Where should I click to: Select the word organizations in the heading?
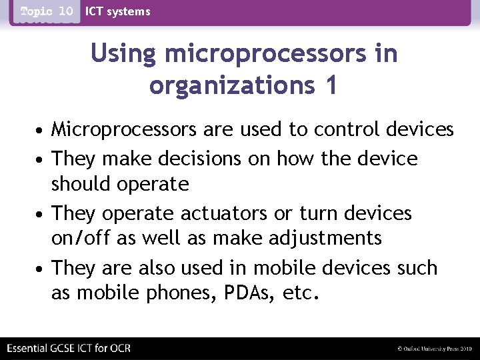point(226,85)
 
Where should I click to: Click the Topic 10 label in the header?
point(46,11)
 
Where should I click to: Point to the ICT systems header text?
point(118,11)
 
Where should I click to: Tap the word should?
point(80,183)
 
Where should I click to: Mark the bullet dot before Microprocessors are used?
point(41,129)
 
